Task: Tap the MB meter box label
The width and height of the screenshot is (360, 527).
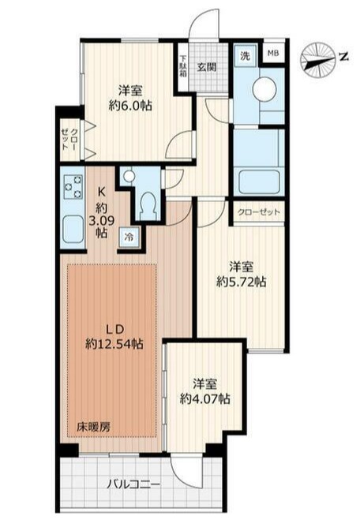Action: (x=273, y=54)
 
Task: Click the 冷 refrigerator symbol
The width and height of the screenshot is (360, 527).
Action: (x=127, y=237)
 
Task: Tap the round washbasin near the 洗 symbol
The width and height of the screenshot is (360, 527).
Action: (x=264, y=90)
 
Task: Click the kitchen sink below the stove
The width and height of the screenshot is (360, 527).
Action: (x=73, y=230)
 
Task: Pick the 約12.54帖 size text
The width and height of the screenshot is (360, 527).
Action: (x=114, y=343)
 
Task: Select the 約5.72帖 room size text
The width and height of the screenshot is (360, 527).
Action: (x=242, y=281)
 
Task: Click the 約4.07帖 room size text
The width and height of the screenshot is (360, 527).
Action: (x=207, y=399)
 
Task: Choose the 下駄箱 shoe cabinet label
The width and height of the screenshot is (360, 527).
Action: (x=182, y=66)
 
